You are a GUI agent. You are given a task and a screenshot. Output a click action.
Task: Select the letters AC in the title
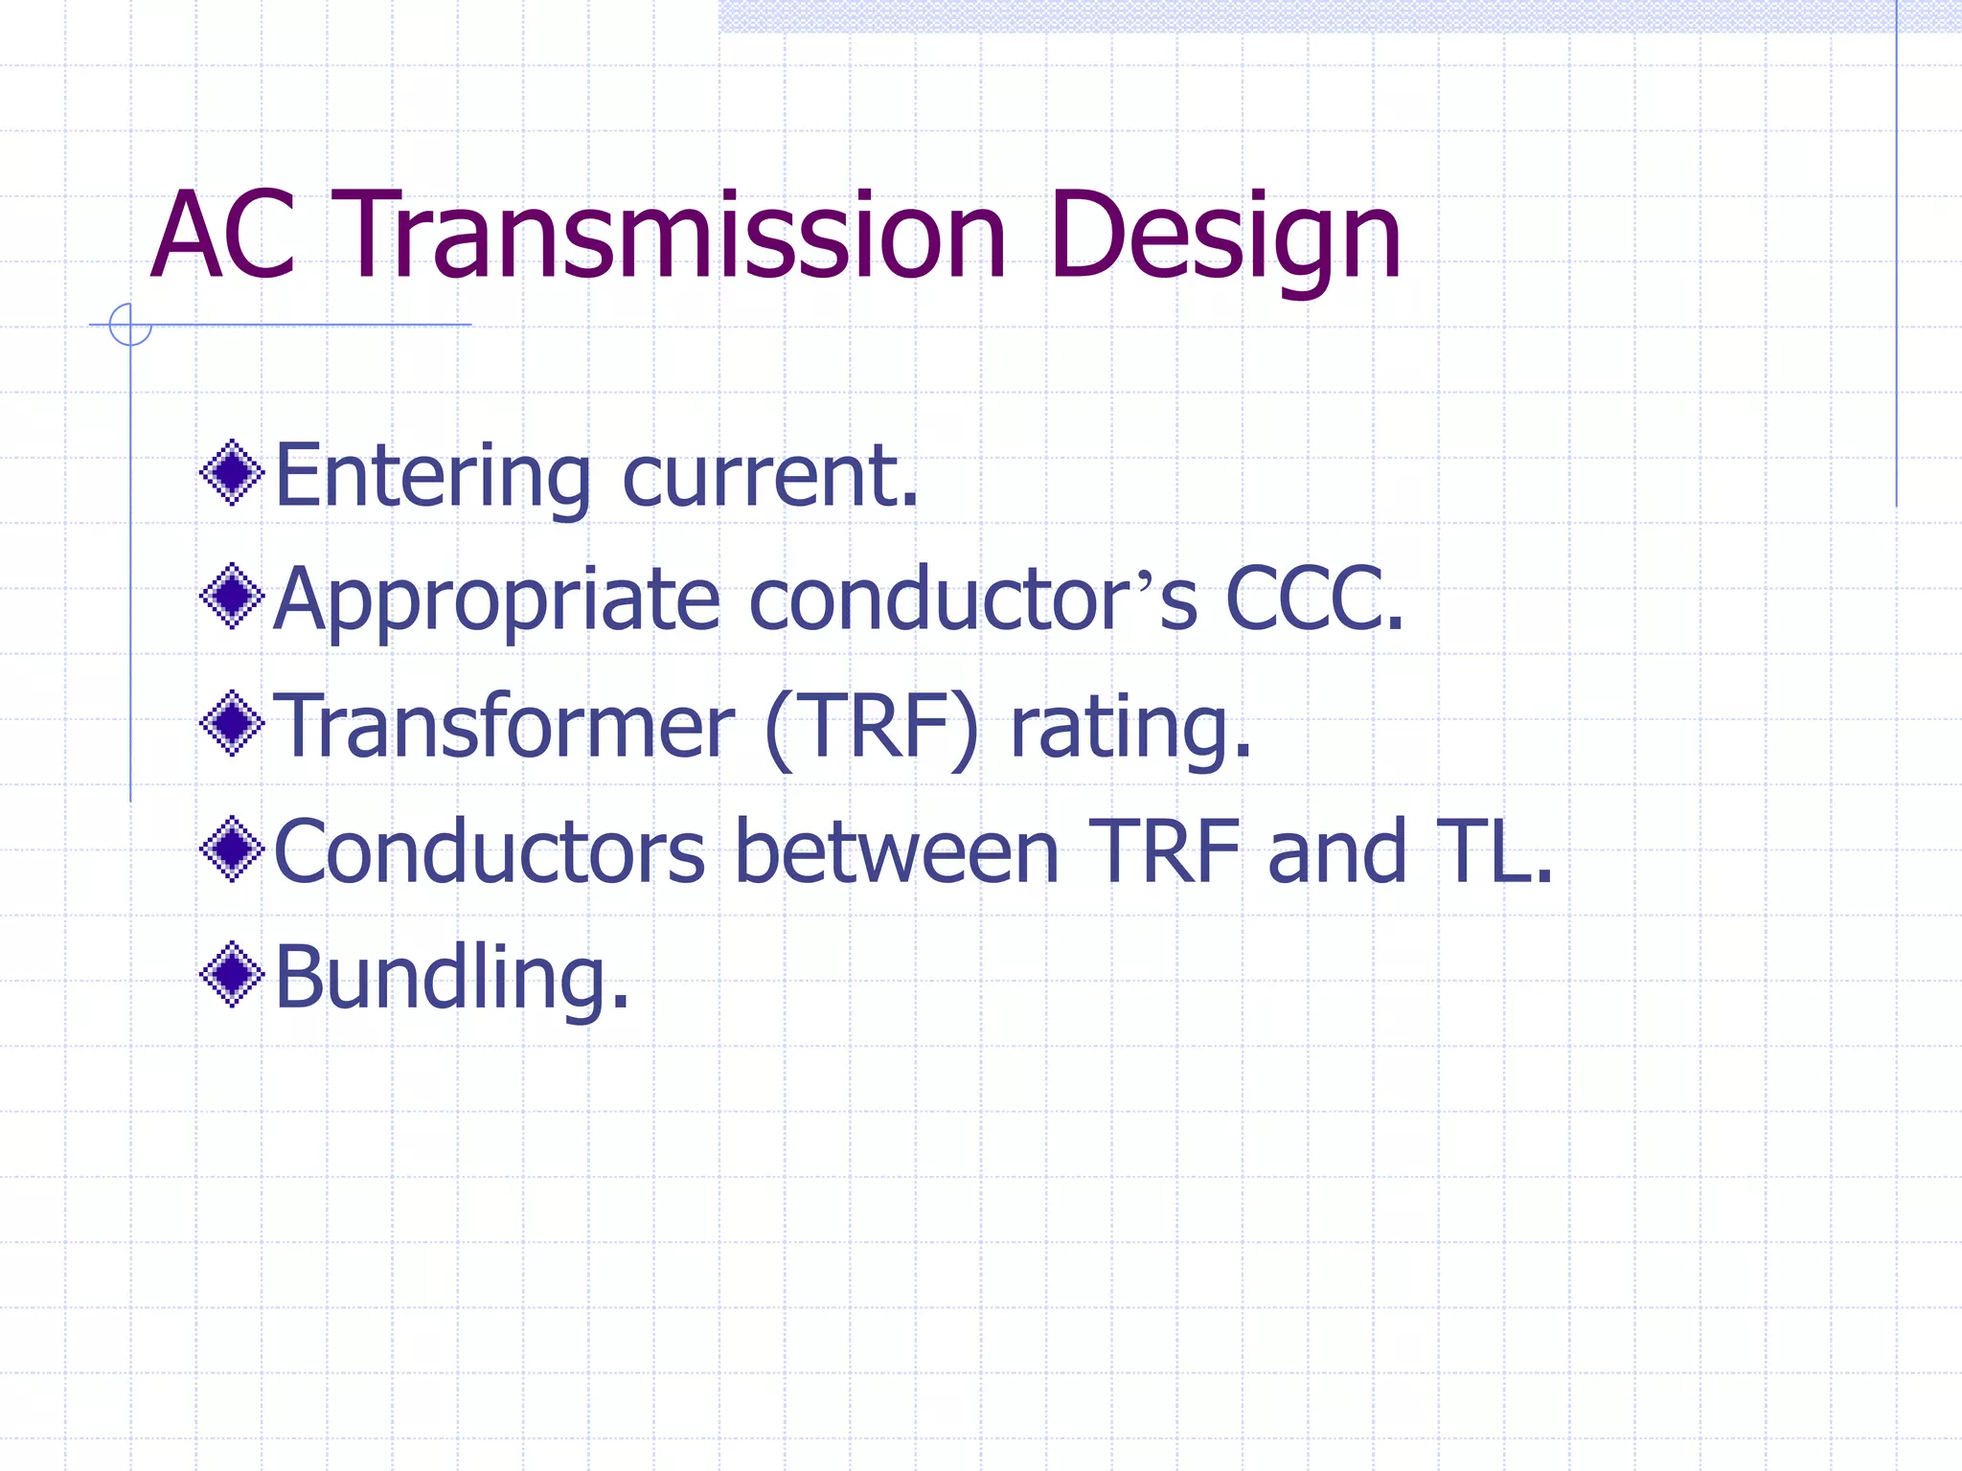click(x=223, y=237)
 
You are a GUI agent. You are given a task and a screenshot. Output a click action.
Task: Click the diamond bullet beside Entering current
click(x=232, y=472)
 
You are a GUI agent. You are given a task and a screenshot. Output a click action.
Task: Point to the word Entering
click(x=432, y=476)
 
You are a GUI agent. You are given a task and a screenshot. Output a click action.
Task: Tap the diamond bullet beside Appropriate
click(x=232, y=597)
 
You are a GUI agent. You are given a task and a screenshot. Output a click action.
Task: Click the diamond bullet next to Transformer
click(x=232, y=723)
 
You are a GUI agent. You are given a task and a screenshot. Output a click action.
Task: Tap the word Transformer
click(x=504, y=726)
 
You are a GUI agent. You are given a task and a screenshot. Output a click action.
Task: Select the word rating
click(x=1130, y=728)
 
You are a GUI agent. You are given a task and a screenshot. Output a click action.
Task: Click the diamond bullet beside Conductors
click(x=232, y=849)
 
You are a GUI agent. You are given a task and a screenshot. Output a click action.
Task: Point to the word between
click(x=896, y=851)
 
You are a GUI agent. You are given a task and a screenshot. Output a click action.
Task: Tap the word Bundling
click(x=451, y=977)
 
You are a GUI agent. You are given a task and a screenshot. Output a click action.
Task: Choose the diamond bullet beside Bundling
click(x=232, y=975)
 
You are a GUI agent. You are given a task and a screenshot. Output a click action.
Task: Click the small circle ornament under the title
click(x=130, y=325)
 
